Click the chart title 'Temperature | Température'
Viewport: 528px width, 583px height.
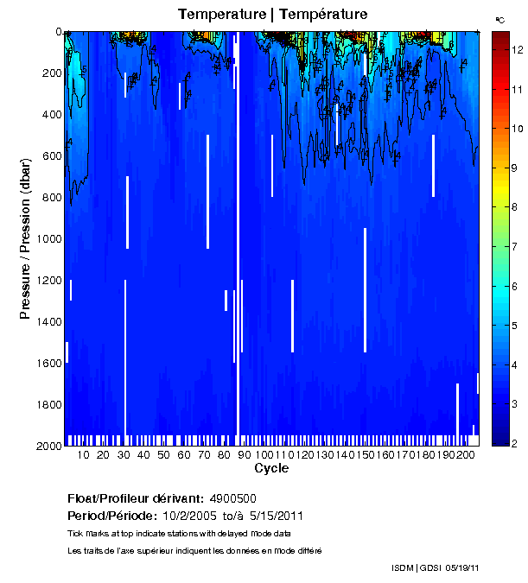click(x=273, y=14)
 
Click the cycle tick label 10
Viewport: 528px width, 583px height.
click(x=83, y=454)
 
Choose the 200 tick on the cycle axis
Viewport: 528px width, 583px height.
click(x=465, y=454)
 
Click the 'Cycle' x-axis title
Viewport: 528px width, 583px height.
click(x=271, y=468)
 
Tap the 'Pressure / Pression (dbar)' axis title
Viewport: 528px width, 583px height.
click(x=25, y=238)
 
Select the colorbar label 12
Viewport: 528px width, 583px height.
click(x=517, y=50)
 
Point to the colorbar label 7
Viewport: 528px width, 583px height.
click(x=517, y=247)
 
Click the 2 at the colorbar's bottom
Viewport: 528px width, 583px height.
click(x=517, y=444)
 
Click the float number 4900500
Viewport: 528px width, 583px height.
click(x=233, y=498)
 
